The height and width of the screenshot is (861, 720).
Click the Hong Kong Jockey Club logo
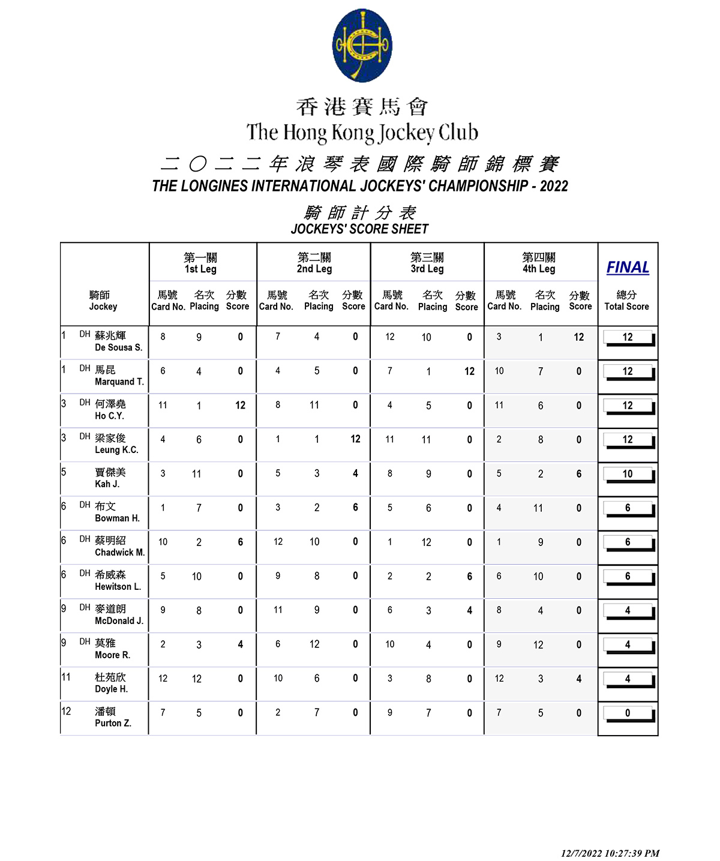click(x=362, y=46)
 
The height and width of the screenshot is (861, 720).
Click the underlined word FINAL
click(x=628, y=268)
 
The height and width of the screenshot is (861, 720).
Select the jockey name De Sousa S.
click(x=118, y=347)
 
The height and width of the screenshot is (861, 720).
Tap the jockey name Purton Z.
click(x=113, y=723)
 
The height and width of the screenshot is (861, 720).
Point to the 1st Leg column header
click(x=200, y=263)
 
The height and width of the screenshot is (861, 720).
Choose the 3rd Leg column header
click(x=427, y=263)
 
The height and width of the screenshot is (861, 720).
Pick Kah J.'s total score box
click(x=628, y=474)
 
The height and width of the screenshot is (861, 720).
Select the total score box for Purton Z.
click(x=628, y=713)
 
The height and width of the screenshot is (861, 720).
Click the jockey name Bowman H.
click(x=117, y=518)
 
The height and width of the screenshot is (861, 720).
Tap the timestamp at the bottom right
click(x=610, y=853)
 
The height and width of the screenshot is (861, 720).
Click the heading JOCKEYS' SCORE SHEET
click(x=359, y=229)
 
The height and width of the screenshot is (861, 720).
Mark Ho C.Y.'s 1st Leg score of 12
click(x=240, y=406)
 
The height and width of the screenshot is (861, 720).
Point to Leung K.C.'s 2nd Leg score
click(x=355, y=439)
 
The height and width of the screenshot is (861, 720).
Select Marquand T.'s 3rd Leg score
click(x=469, y=371)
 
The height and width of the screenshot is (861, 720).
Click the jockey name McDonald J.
click(x=119, y=621)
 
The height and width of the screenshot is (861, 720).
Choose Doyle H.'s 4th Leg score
click(x=578, y=679)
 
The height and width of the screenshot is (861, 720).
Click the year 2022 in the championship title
click(x=553, y=186)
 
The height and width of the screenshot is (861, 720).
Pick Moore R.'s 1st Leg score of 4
click(x=240, y=644)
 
